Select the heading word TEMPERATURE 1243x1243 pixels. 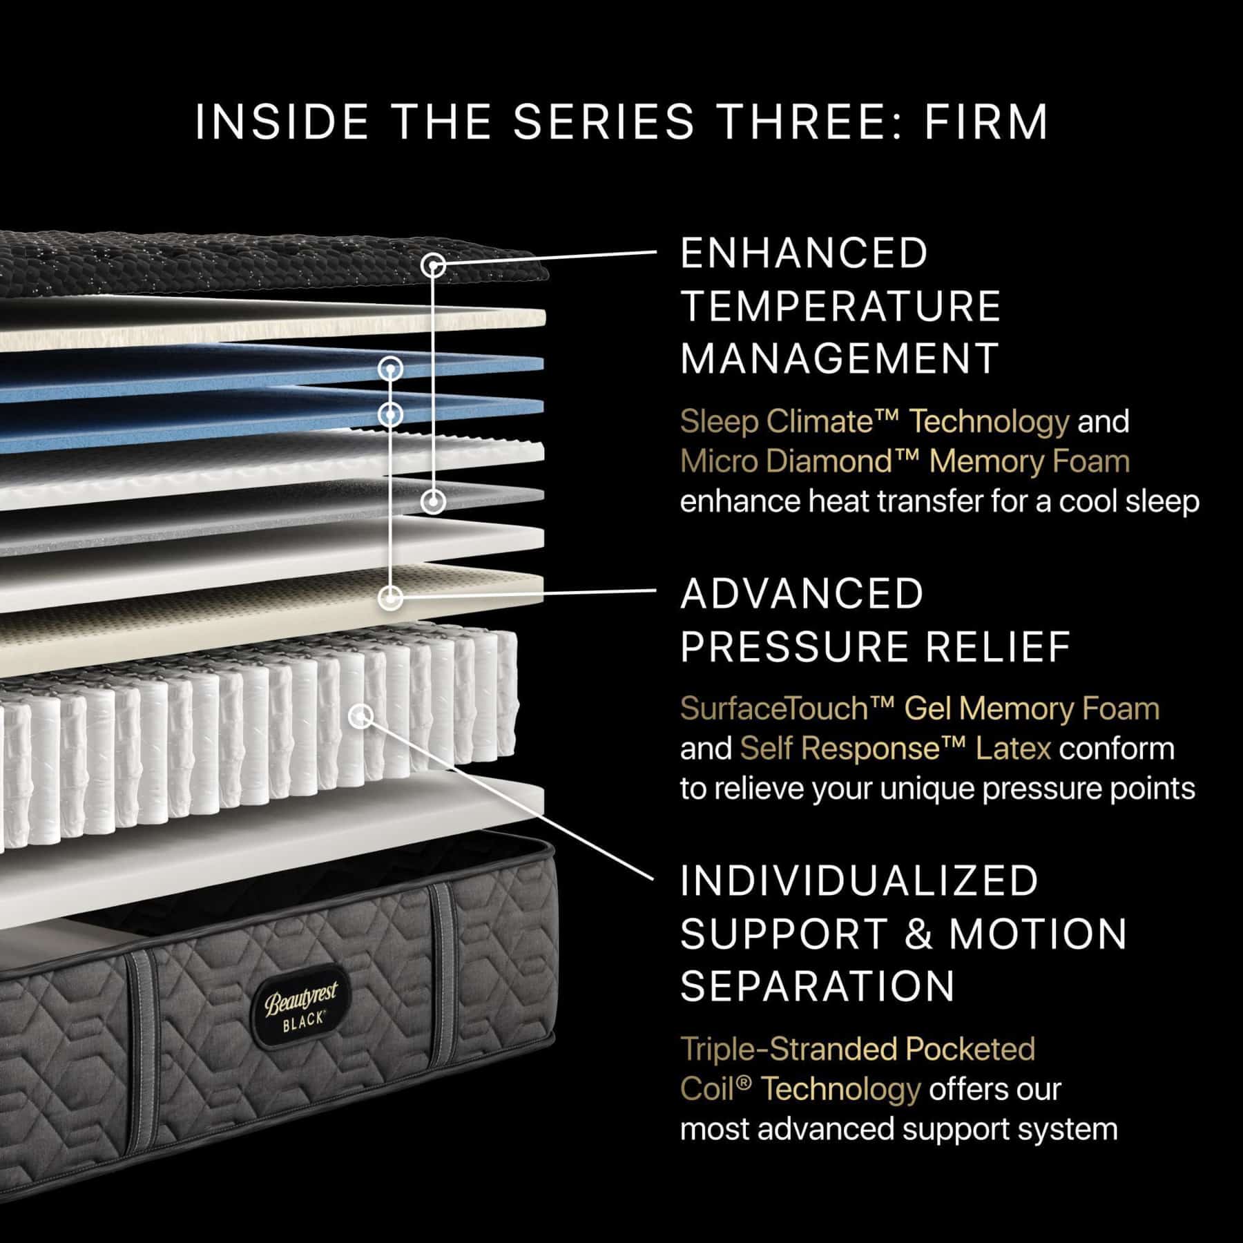coord(840,306)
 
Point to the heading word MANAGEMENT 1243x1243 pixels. coord(839,358)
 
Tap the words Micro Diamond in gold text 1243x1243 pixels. coord(784,461)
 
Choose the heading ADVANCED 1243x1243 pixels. coord(802,594)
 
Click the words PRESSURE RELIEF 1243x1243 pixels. coord(875,646)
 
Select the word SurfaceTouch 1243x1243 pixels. coord(773,709)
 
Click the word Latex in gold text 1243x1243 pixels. coord(1013,749)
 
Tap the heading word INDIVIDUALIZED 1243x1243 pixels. coord(859,880)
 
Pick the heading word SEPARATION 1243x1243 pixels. coord(817,985)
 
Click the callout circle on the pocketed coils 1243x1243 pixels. coord(360,716)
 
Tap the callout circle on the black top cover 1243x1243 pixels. coord(433,264)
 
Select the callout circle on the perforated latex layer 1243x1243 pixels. coord(392,597)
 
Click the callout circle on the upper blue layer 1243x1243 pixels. coord(391,369)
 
